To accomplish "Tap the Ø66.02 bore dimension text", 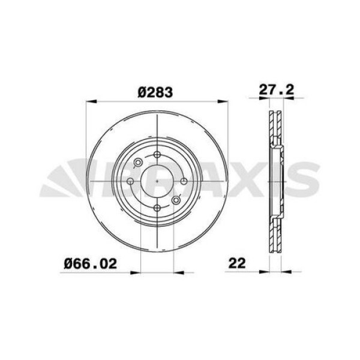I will pos(91,262).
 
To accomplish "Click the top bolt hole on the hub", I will pos(157,155).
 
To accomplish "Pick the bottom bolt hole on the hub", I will pos(157,207).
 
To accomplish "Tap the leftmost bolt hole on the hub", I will pos(130,181).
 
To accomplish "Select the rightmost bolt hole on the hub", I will pos(184,181).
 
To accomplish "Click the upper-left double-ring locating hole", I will pos(139,163).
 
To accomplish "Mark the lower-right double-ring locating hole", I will pos(176,200).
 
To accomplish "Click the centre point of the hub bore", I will pos(157,181).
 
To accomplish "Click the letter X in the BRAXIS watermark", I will pos(235,180).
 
